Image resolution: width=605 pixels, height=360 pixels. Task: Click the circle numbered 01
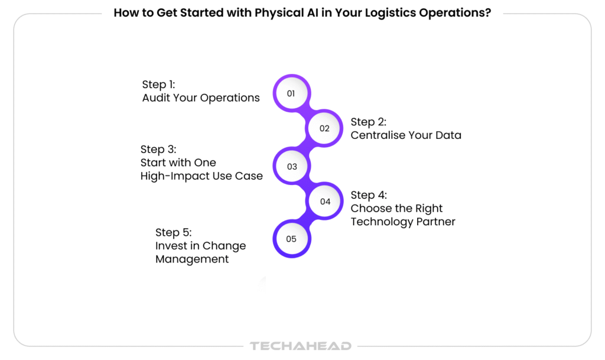coord(291,93)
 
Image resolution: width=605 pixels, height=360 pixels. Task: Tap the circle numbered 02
coord(324,128)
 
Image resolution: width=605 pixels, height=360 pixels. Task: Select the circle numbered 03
coord(292,166)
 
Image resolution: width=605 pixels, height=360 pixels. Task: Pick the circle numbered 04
coord(325,202)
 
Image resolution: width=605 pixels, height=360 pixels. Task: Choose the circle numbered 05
coord(291,239)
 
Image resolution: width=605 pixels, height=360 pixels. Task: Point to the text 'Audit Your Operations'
coord(201,98)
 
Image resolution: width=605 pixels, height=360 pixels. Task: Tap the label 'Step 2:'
coord(369,122)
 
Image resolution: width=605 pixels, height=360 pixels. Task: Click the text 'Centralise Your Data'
coord(406,135)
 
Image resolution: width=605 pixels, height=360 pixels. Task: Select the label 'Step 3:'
coord(158,149)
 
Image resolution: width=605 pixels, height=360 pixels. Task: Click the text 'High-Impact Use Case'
coord(201,176)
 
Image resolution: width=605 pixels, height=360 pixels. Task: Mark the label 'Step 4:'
coord(369,195)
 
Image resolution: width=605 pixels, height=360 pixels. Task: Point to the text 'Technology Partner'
coord(403,222)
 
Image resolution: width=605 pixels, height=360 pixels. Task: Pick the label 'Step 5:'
coord(174,232)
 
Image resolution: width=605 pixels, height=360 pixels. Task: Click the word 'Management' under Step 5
coord(192,260)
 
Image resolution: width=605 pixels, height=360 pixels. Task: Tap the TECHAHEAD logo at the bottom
coord(301,346)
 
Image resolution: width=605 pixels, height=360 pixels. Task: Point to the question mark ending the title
coord(487,13)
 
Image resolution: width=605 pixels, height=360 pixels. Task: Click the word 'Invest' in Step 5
coord(171,246)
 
